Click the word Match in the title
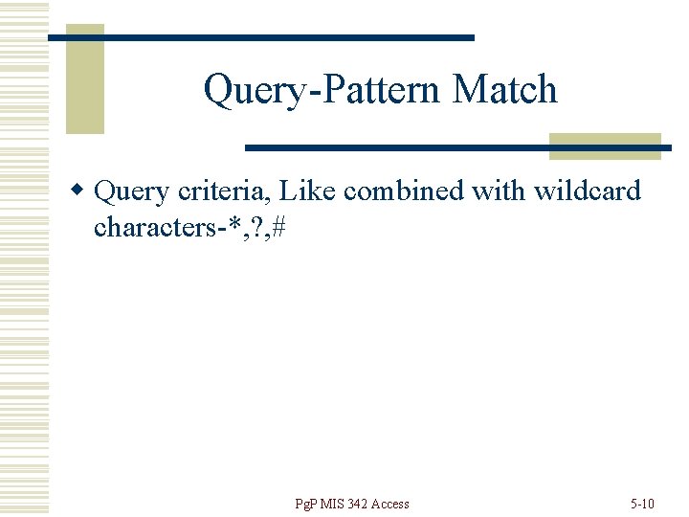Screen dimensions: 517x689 click(504, 90)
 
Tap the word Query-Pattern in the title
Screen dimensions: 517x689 click(322, 91)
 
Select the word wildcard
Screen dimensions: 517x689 click(587, 191)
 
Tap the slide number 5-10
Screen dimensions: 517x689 click(641, 504)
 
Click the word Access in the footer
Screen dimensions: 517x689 click(389, 504)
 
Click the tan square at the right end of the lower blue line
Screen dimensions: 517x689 click(605, 146)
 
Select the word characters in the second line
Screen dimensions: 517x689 click(152, 228)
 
